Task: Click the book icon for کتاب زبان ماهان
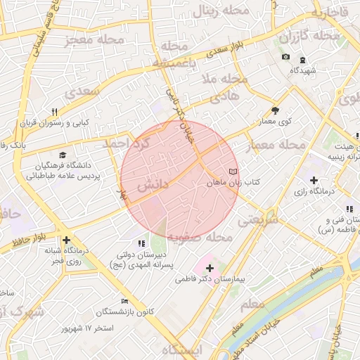point(233,172)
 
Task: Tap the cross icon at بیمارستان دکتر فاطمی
point(210,268)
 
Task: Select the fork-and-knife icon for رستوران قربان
point(54,112)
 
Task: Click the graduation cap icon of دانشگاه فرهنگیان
point(63,155)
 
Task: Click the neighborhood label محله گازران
point(324,35)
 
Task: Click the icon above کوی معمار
point(274,110)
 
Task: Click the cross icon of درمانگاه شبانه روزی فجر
point(66,240)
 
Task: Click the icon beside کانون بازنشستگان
point(124,301)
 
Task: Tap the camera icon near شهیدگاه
point(285,57)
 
